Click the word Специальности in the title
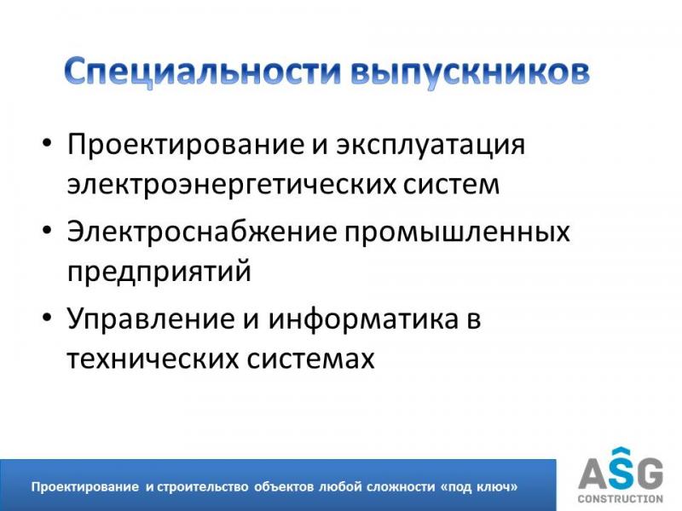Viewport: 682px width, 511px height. click(x=202, y=72)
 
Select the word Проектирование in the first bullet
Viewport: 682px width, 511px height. click(x=186, y=145)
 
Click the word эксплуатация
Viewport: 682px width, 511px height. click(x=431, y=145)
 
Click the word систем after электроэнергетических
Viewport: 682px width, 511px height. click(x=451, y=184)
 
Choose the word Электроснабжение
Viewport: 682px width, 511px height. click(x=202, y=231)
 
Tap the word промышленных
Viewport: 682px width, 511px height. click(x=457, y=232)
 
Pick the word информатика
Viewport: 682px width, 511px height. click(x=363, y=319)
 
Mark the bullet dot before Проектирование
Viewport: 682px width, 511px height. click(x=47, y=143)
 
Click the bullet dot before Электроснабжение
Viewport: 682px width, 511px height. click(x=47, y=230)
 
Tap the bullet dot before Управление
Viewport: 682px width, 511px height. click(x=47, y=318)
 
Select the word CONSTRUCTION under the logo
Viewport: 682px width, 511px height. click(x=621, y=499)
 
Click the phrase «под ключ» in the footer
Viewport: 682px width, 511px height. click(x=480, y=486)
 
